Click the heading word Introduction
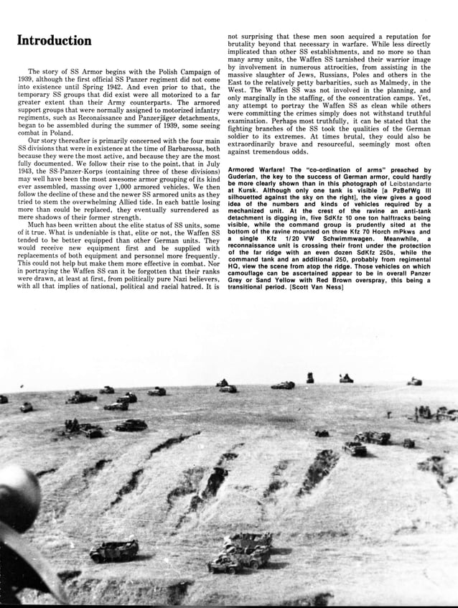[55, 40]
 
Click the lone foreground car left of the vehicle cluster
[114, 551]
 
